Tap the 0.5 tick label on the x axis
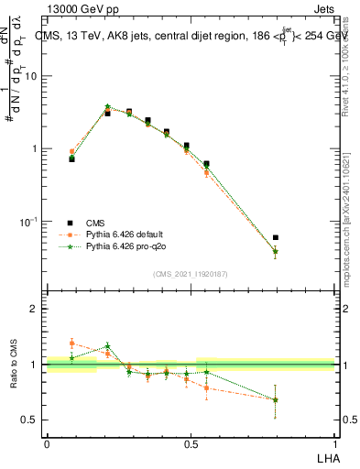[191, 443]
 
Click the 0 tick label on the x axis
[47, 443]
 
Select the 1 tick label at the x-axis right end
[336, 443]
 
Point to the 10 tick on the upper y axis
[30, 76]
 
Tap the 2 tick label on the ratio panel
[34, 309]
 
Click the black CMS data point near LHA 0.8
[276, 237]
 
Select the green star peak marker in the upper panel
[107, 106]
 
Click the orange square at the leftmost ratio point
[72, 344]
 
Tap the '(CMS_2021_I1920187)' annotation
[191, 274]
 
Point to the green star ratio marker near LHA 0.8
[276, 399]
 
